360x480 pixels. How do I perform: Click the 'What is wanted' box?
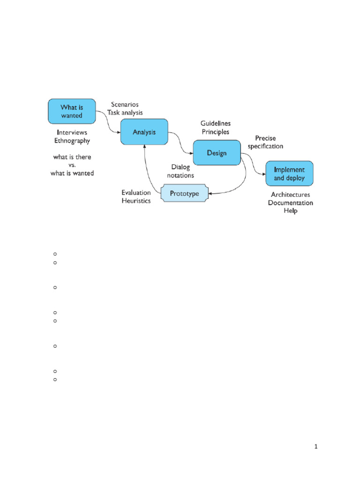72,111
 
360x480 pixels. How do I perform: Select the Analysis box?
144,132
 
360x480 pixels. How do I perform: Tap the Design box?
217,153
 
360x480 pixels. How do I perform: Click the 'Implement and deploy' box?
289,174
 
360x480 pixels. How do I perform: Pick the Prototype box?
184,193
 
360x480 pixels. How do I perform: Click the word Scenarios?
125,105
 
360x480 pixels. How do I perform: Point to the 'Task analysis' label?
125,113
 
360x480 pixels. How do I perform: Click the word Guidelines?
215,123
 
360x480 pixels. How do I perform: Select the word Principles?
215,132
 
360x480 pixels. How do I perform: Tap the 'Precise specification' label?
265,142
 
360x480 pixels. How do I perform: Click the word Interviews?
72,132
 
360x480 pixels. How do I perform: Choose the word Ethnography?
72,141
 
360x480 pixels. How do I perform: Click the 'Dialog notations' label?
183,171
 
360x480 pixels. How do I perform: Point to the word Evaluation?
136,192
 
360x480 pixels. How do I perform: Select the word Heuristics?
136,201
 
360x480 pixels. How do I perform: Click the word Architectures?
290,194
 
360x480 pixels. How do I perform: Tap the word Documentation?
290,202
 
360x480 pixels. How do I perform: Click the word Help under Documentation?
290,211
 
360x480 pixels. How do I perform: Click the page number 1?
316,447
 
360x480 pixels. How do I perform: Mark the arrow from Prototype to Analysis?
147,169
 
